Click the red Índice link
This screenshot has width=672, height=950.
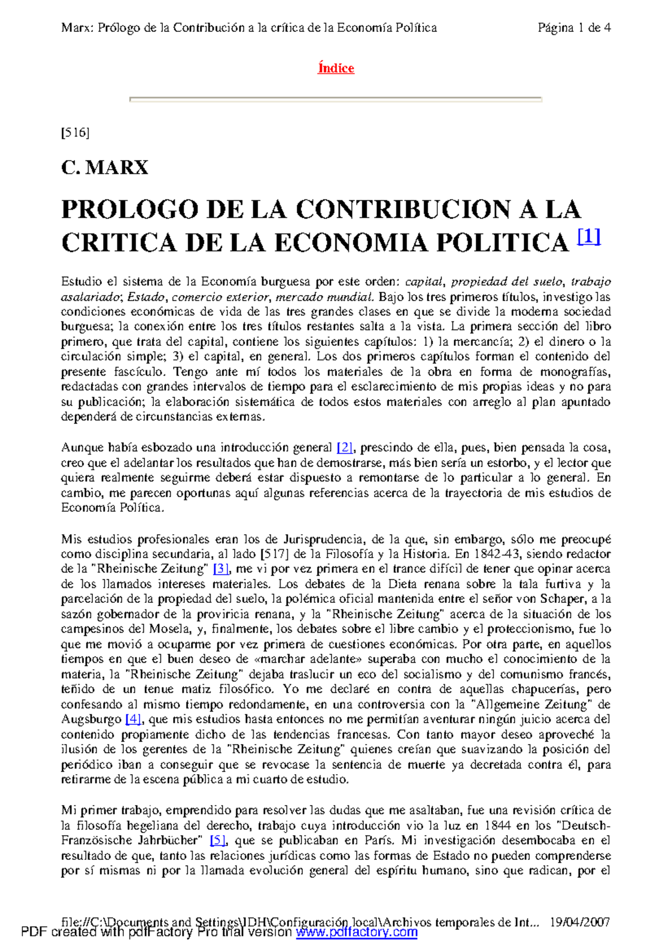336,68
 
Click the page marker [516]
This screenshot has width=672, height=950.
75,133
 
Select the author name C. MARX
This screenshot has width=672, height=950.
105,167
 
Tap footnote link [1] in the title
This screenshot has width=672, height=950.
589,238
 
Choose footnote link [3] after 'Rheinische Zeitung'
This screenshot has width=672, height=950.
222,569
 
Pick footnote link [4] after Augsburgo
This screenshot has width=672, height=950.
133,719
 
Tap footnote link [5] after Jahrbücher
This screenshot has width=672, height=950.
218,840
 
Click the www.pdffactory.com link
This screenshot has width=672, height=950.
357,932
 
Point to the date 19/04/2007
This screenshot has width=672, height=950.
580,922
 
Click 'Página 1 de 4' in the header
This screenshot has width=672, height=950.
574,28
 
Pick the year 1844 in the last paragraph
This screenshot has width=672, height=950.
498,826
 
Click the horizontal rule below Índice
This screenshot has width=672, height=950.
336,100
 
